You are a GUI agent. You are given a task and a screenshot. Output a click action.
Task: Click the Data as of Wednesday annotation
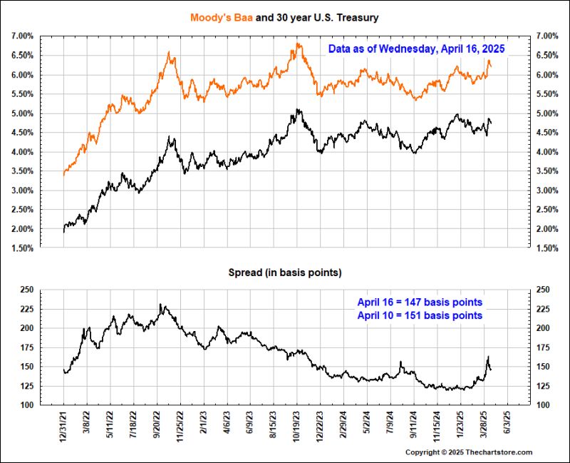coord(416,49)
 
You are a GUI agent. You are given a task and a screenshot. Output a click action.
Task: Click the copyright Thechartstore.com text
coord(469,452)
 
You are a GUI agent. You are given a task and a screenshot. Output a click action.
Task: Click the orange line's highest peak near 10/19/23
coord(297,44)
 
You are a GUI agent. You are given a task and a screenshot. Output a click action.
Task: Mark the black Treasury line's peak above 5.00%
coord(297,109)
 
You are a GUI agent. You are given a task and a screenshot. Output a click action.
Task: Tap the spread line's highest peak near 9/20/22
coord(161,305)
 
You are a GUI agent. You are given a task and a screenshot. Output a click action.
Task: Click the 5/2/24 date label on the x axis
coord(368,424)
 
